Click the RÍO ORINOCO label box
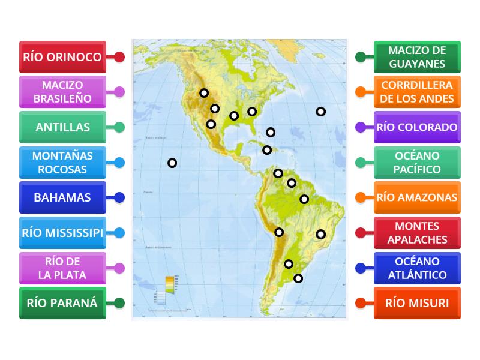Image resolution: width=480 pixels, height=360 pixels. click(62, 57)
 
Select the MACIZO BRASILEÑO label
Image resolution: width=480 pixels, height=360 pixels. click(62, 92)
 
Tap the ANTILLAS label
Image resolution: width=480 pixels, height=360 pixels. click(62, 127)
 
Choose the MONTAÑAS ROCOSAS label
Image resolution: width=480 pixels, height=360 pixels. click(62, 162)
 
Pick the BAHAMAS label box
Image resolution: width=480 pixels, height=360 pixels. click(62, 197)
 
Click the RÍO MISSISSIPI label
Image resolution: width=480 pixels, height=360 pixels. click(62, 233)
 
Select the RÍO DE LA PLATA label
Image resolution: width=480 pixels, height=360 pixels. click(62, 268)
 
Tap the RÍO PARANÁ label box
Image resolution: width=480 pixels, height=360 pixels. click(62, 302)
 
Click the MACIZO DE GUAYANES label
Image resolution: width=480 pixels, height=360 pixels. click(417, 57)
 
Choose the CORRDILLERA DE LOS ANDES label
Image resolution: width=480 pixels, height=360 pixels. click(417, 92)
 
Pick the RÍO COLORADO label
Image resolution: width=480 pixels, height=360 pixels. click(417, 127)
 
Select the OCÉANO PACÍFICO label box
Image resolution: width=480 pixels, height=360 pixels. click(417, 162)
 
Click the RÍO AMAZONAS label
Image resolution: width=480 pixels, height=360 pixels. click(417, 197)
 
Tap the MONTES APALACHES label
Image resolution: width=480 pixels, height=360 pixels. click(417, 233)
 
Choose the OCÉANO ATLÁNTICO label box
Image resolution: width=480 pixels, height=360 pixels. click(417, 268)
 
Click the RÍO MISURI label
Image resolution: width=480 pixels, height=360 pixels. click(417, 302)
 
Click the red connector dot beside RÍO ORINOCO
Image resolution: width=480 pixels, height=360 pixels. click(119, 57)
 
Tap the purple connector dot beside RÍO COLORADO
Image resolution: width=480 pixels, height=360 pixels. click(360, 127)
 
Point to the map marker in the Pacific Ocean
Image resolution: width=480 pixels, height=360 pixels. click(172, 163)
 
